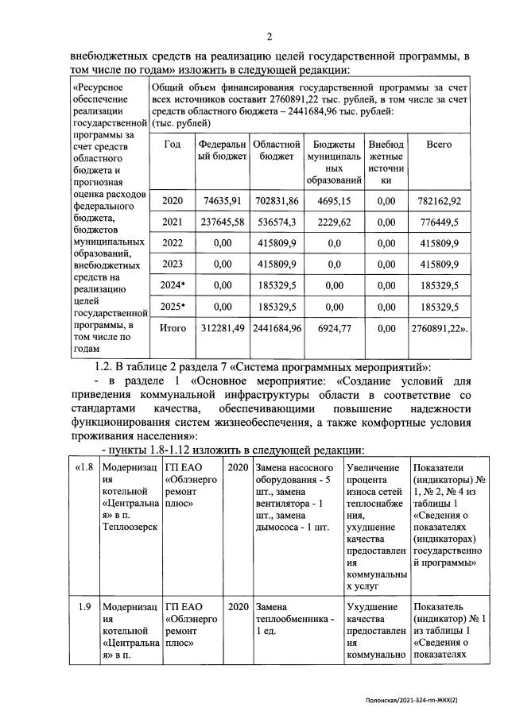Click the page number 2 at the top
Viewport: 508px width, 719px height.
[268, 37]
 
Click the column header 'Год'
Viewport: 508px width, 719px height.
[172, 145]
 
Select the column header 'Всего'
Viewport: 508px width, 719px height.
[439, 145]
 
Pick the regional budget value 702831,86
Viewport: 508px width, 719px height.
[276, 202]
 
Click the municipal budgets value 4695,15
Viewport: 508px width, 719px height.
[335, 202]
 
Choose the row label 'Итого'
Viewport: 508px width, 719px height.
[172, 327]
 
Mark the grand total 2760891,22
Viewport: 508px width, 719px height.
[439, 327]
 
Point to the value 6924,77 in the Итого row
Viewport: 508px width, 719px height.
[335, 327]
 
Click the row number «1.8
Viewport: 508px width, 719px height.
[84, 466]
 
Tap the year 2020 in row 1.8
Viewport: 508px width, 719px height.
[237, 466]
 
